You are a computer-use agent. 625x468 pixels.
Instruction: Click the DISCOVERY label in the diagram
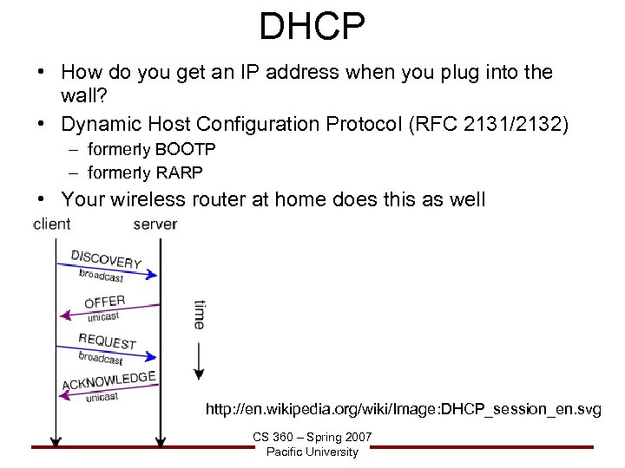click(106, 257)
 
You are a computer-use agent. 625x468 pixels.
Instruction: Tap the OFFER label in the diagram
click(104, 302)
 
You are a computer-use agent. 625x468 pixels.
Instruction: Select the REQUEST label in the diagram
click(108, 342)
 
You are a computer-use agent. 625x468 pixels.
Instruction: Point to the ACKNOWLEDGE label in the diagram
click(109, 380)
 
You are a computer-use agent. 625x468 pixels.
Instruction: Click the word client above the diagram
click(52, 224)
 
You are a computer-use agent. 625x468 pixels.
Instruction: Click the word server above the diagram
click(155, 224)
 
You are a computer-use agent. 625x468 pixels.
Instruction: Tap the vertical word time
click(199, 314)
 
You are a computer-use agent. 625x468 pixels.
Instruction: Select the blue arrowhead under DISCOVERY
click(152, 275)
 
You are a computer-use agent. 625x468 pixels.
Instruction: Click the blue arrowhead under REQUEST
click(152, 355)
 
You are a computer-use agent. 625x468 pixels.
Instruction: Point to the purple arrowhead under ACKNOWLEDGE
click(63, 396)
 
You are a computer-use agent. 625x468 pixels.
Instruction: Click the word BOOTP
click(186, 149)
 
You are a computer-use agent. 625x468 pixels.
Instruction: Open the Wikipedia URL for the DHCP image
click(403, 409)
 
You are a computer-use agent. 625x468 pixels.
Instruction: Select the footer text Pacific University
click(312, 452)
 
